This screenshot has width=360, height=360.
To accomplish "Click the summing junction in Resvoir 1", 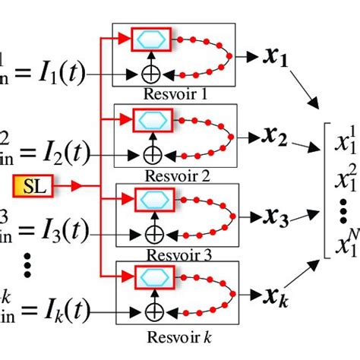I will [x=154, y=75].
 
